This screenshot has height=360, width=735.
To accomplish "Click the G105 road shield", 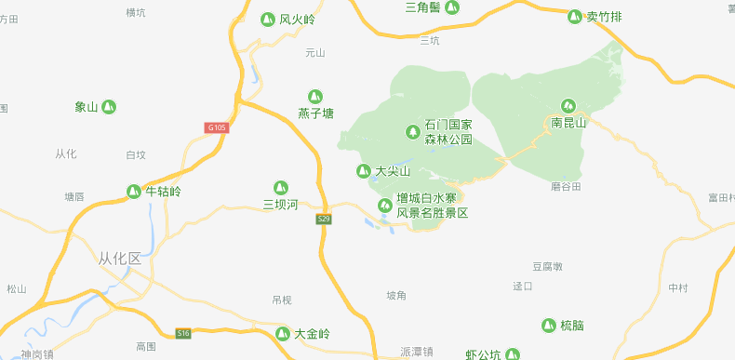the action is tap(217, 127).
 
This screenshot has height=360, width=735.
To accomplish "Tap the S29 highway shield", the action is tap(324, 220).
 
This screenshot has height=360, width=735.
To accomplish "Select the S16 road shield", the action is tap(183, 333).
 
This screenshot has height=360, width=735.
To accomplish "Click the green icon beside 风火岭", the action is tap(267, 19).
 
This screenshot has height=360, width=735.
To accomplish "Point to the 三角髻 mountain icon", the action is tap(452, 7).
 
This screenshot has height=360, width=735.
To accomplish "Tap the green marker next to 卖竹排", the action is tap(574, 16).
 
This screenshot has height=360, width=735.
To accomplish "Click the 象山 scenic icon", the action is tap(110, 107).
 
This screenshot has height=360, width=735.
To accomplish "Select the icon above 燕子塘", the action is tap(315, 97).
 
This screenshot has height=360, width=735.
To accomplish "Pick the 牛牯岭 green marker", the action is tap(134, 192).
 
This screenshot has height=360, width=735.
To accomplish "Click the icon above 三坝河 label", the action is tap(280, 188).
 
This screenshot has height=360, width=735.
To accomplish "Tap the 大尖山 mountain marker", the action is tap(364, 171).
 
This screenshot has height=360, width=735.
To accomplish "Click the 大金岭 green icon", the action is tap(283, 334).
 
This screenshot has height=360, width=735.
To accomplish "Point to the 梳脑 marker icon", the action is tap(549, 325).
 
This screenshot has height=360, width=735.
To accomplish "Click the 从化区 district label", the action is tap(120, 259).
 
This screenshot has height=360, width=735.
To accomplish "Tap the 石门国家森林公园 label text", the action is tap(448, 132).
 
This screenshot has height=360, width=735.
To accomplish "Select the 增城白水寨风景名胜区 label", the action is tap(432, 206).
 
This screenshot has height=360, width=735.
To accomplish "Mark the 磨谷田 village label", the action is tap(566, 187).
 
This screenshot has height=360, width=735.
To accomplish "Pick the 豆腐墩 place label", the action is tap(547, 267).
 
